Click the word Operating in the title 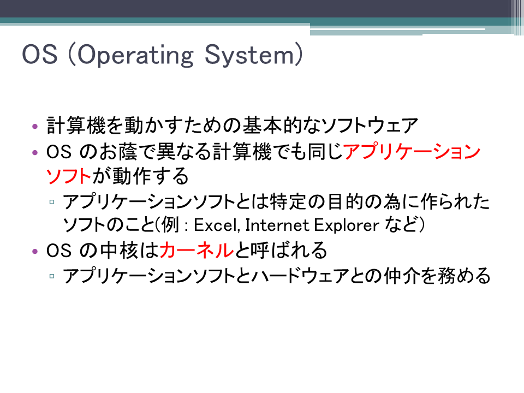[x=135, y=55]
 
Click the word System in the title [x=249, y=55]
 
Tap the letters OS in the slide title [x=40, y=54]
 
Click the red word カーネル [x=196, y=251]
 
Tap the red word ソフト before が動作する [x=69, y=176]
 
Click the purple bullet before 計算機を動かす [x=35, y=127]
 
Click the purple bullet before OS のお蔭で [x=35, y=153]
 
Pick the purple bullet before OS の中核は [x=35, y=251]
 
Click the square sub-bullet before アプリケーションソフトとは [x=52, y=202]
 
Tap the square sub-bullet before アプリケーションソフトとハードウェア [x=52, y=276]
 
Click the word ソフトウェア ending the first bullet [x=370, y=126]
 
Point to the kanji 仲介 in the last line [x=402, y=276]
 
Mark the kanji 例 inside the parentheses [x=170, y=225]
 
